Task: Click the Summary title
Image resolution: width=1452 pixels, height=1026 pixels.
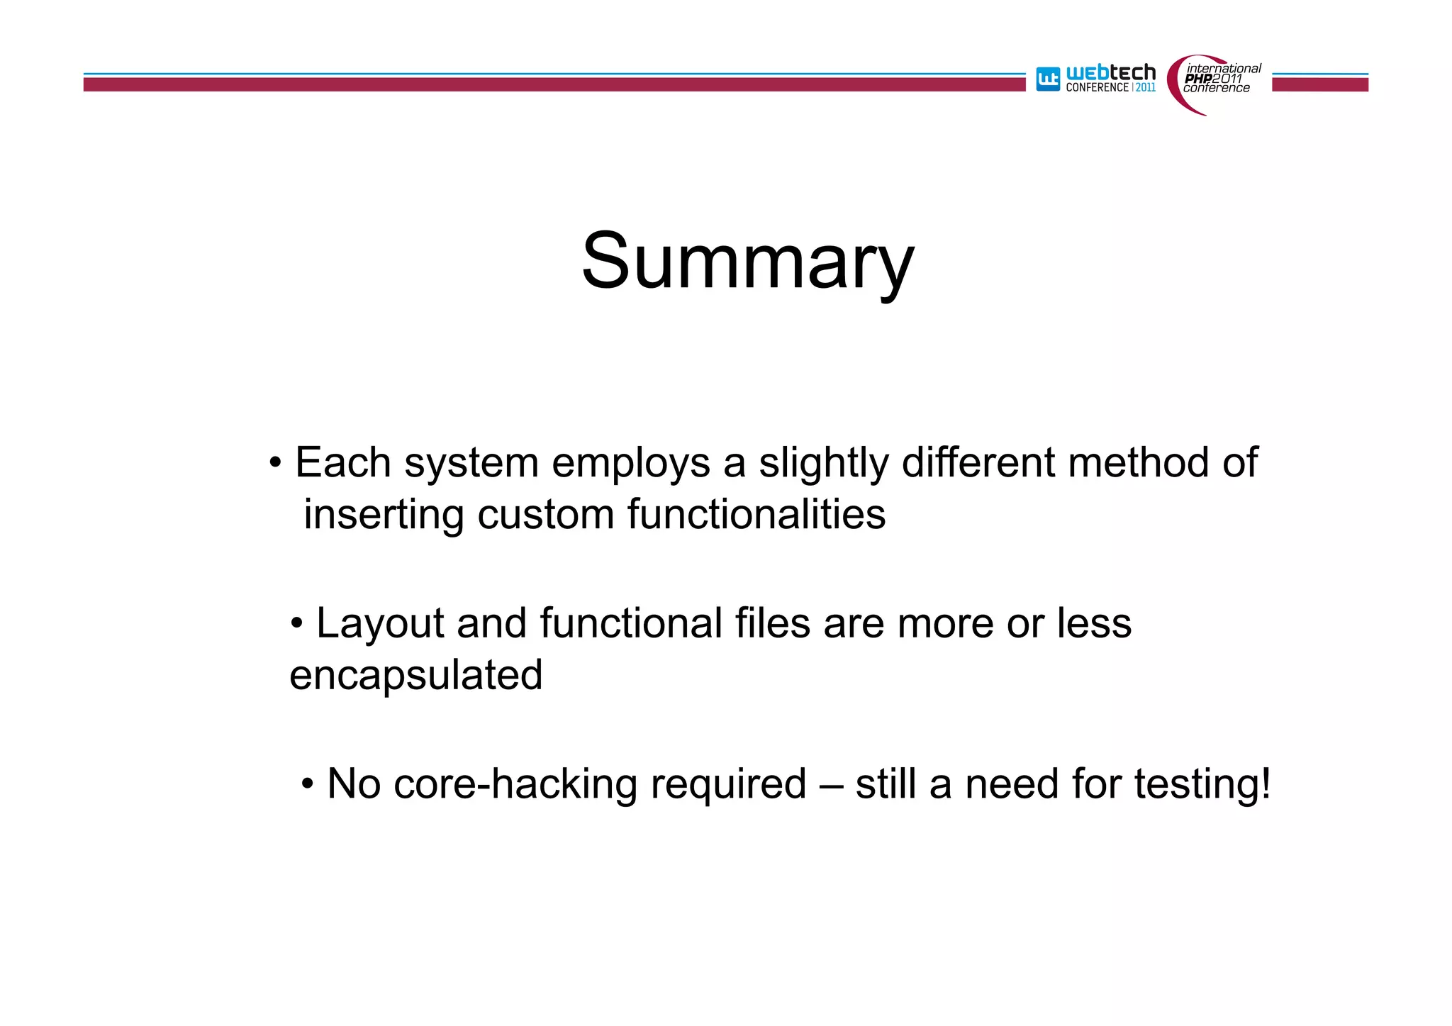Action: [747, 262]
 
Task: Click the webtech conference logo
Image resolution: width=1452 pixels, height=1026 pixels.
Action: [1096, 79]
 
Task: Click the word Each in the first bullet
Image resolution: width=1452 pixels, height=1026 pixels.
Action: [343, 463]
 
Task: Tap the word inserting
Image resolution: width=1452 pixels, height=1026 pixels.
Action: [384, 515]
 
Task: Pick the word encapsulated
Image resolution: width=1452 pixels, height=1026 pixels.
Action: [416, 676]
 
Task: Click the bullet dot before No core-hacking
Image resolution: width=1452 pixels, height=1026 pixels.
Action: [307, 785]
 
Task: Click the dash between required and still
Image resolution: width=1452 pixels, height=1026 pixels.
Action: [831, 785]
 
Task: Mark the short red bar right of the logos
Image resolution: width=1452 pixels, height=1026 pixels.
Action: [1319, 84]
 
